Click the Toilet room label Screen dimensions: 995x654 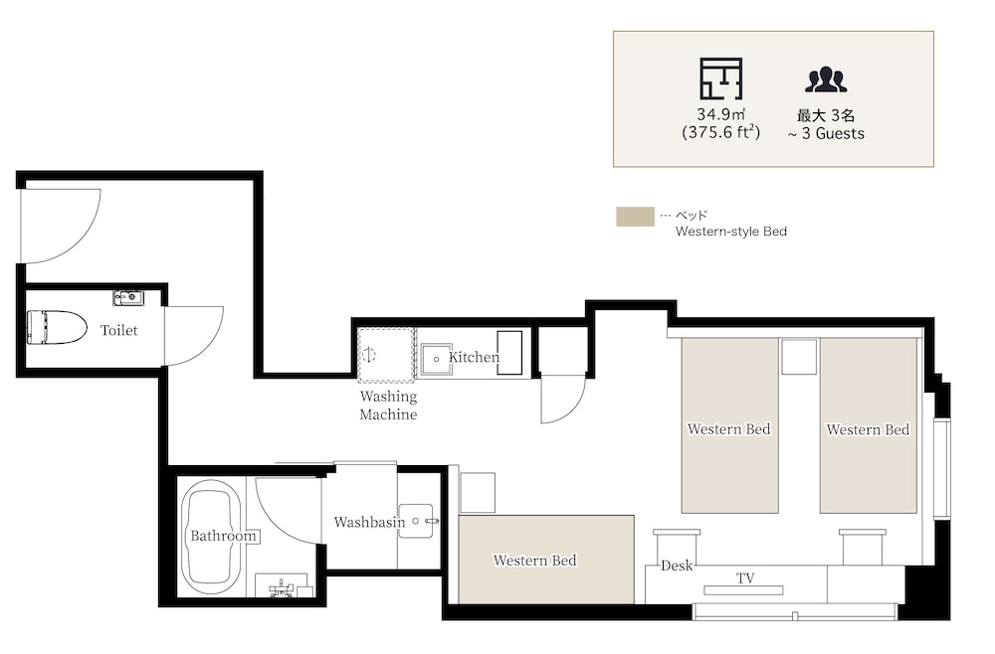pos(118,330)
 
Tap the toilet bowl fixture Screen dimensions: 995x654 pos(57,327)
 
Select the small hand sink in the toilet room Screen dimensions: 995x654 pos(128,296)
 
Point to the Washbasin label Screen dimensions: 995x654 pos(369,522)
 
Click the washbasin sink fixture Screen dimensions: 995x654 pos(417,521)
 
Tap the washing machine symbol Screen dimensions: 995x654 pos(386,355)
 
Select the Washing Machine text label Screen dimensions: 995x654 pos(388,406)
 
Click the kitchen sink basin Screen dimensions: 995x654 pos(437,360)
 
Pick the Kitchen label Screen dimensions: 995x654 pos(474,357)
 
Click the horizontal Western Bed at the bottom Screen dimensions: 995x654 pos(546,560)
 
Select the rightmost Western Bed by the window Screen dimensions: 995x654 pos(868,425)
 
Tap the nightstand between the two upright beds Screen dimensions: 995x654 pos(799,357)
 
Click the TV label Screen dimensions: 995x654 pos(745,577)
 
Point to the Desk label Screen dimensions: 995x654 pos(677,566)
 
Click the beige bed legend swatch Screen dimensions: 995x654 pos(635,216)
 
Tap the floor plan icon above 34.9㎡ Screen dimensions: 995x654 pos(721,79)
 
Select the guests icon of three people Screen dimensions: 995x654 pos(826,80)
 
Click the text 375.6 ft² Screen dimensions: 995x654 pos(720,132)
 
